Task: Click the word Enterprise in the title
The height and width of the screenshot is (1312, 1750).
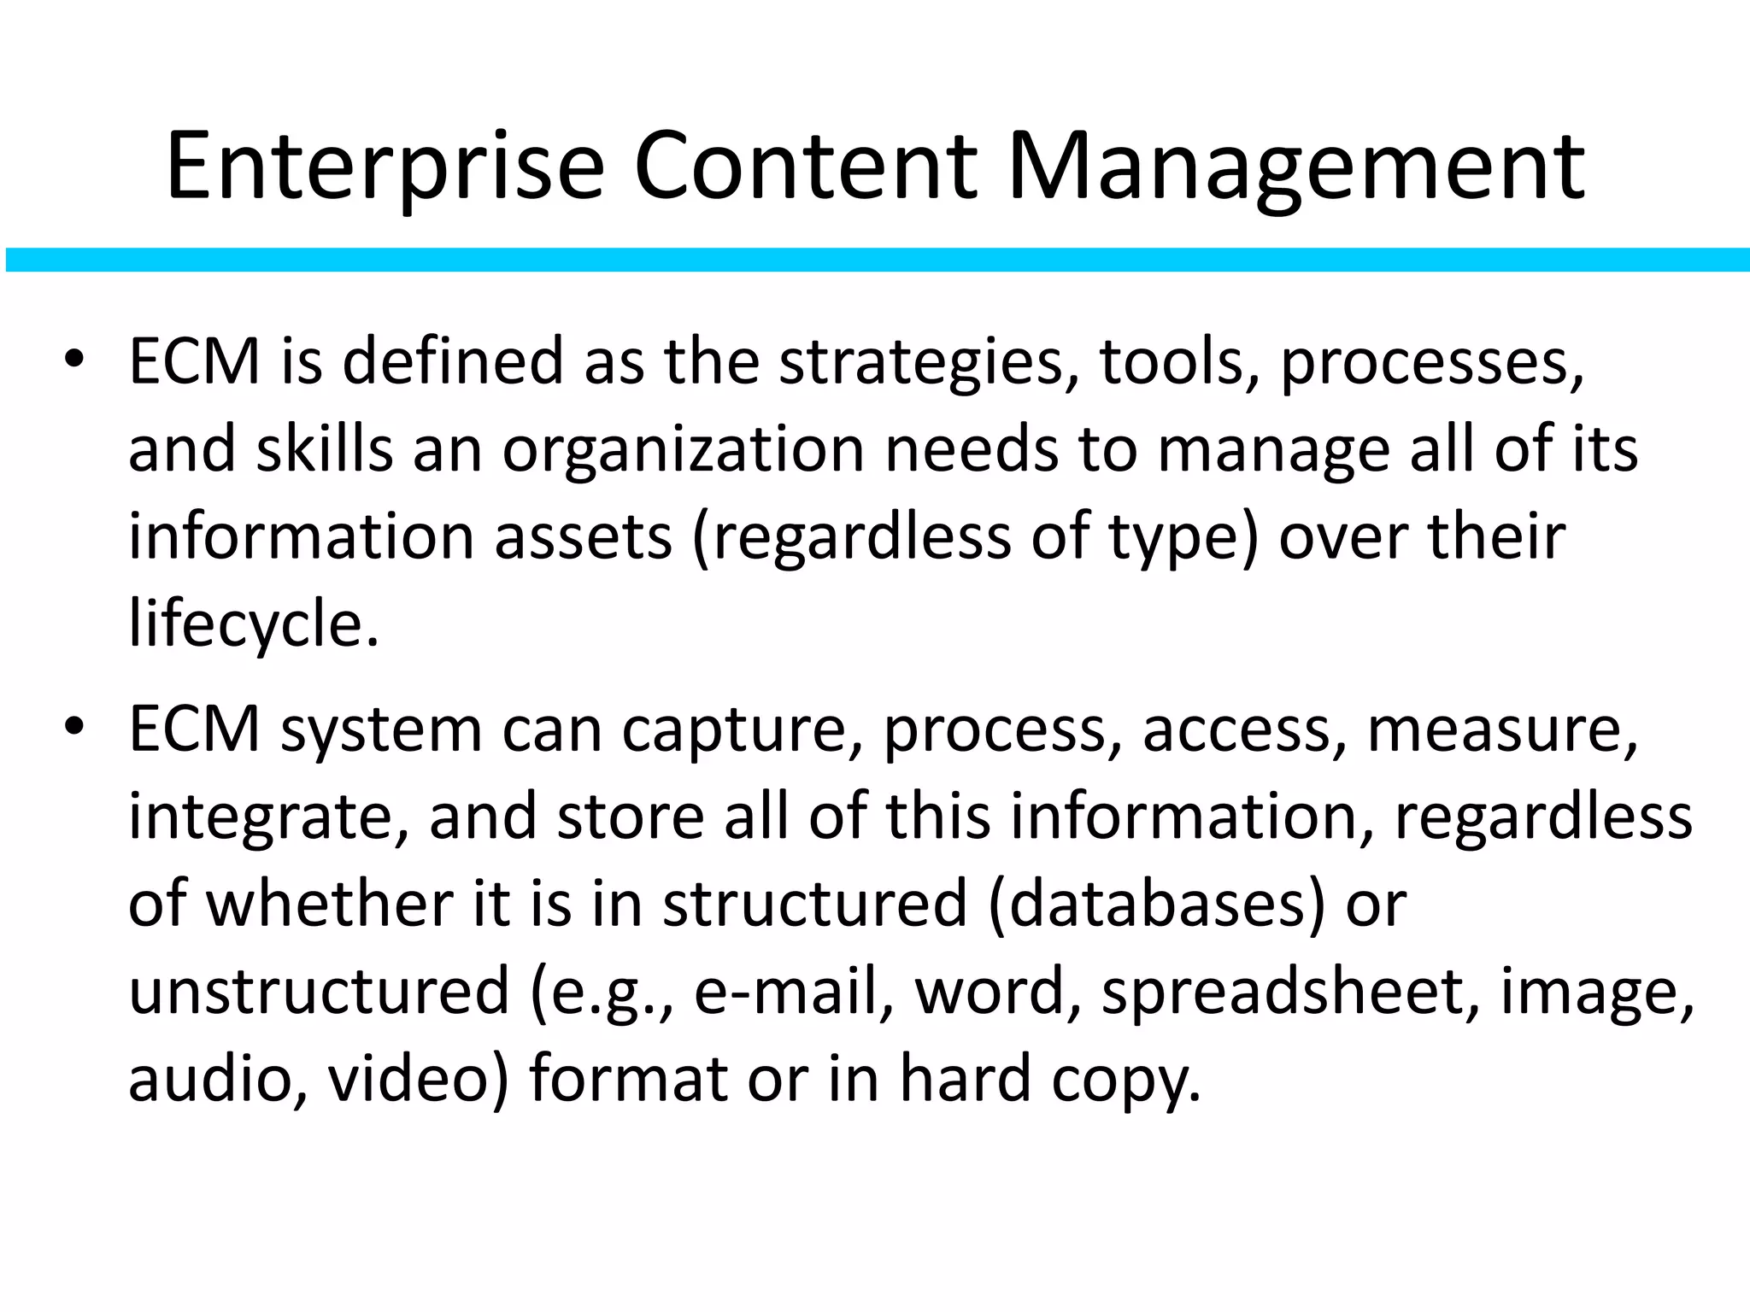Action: [385, 167]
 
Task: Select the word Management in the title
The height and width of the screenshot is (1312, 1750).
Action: [1295, 167]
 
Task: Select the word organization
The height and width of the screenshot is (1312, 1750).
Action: [683, 449]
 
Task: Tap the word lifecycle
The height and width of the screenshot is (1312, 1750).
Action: [253, 624]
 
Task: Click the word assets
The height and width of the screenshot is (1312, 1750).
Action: [583, 536]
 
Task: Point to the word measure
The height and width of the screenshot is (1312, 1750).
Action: [1502, 730]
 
